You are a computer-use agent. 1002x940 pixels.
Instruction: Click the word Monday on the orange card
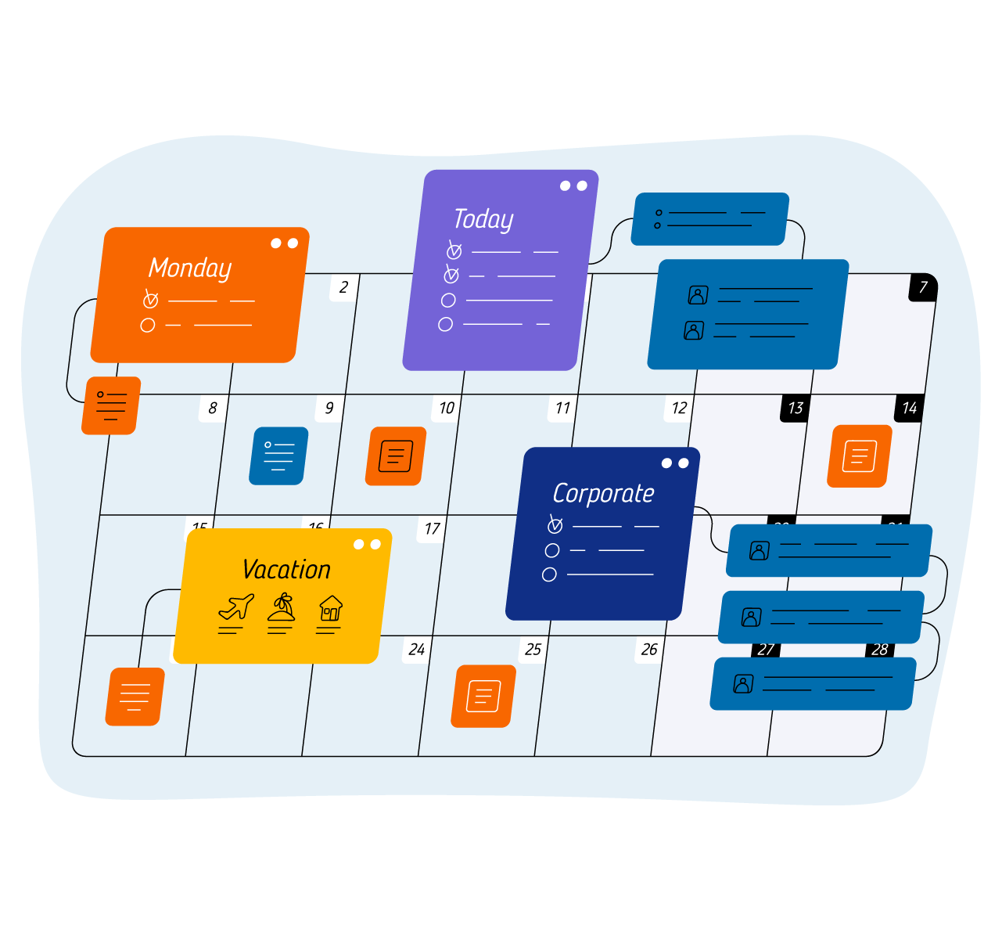coord(190,268)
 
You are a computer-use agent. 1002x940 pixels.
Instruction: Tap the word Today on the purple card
coord(483,220)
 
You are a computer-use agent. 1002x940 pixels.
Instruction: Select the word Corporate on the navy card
coord(603,494)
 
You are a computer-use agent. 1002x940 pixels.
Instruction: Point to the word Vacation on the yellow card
coord(286,570)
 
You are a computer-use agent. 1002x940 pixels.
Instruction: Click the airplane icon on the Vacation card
coord(236,607)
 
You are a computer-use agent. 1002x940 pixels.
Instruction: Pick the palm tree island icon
coord(282,607)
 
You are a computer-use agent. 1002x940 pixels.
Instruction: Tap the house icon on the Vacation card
coord(331,608)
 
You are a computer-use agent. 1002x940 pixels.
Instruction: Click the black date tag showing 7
coord(923,287)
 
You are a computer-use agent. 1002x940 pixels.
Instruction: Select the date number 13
coord(795,408)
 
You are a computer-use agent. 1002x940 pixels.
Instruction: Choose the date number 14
coord(909,408)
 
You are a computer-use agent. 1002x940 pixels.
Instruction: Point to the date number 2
coord(343,287)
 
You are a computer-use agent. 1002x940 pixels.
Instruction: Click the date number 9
coord(329,408)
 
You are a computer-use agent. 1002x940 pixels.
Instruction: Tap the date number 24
coord(417,650)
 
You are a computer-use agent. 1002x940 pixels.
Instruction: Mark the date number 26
coord(649,650)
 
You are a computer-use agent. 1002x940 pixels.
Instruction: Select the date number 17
coord(433,529)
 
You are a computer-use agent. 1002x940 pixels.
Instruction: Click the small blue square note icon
coord(278,456)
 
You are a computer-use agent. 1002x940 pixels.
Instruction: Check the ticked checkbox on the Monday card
coord(151,301)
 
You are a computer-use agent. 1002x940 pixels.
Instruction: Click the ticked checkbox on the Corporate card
coord(555,526)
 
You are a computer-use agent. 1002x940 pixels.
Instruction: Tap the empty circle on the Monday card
coord(148,325)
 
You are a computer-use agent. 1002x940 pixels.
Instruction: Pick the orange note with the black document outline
coord(396,456)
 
